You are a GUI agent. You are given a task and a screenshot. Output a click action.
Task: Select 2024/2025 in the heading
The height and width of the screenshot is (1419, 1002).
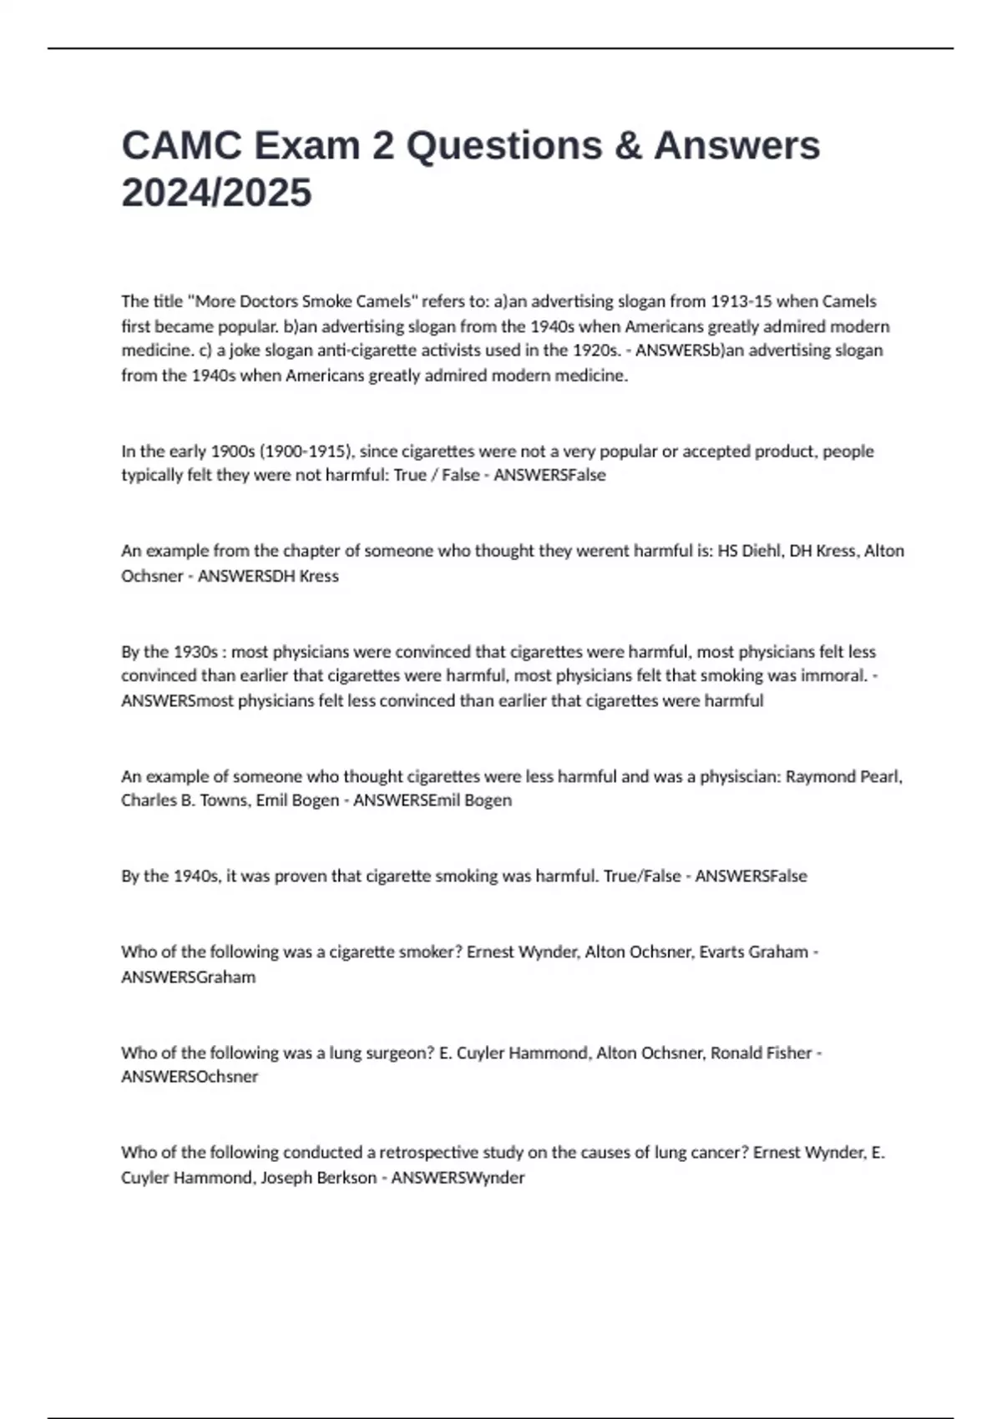click(x=216, y=193)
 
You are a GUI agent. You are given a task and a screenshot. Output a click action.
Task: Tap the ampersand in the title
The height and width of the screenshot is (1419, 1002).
click(x=630, y=145)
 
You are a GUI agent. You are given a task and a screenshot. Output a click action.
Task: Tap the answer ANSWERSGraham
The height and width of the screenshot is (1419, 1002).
click(x=189, y=977)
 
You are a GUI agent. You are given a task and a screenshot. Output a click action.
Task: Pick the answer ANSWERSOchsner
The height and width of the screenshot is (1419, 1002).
click(x=190, y=1077)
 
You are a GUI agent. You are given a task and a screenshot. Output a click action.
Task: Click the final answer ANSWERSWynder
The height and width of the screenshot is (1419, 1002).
click(x=458, y=1178)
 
